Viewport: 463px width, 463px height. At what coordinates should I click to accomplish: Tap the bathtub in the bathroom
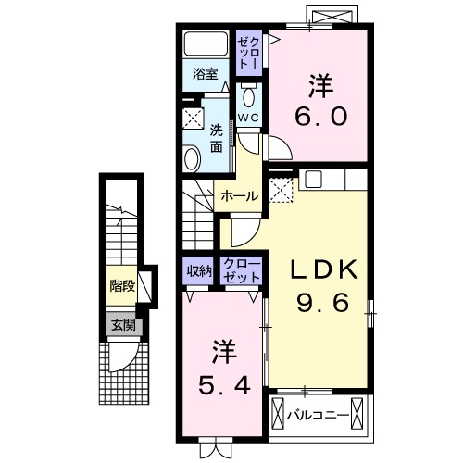point(206,44)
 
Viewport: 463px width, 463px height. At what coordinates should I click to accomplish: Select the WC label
point(247,119)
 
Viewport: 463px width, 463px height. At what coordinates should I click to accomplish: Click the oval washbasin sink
point(192,158)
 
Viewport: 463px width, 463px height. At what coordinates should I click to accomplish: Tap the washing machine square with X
point(193,118)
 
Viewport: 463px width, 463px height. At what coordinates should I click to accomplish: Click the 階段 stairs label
point(121,286)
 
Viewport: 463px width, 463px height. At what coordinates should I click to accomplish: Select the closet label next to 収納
point(242,270)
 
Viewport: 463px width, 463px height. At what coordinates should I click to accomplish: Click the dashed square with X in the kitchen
point(280,189)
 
